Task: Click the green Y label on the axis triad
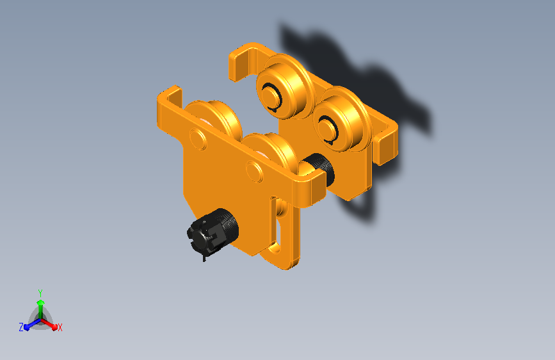coord(40,293)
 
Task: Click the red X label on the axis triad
coord(60,328)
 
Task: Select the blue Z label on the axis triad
coord(21,327)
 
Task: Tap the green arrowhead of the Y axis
coord(41,302)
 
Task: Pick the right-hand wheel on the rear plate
coord(342,119)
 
